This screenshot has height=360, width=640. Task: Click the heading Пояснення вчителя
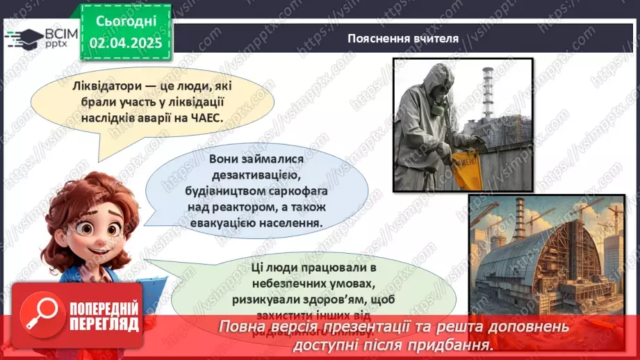[403, 38]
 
